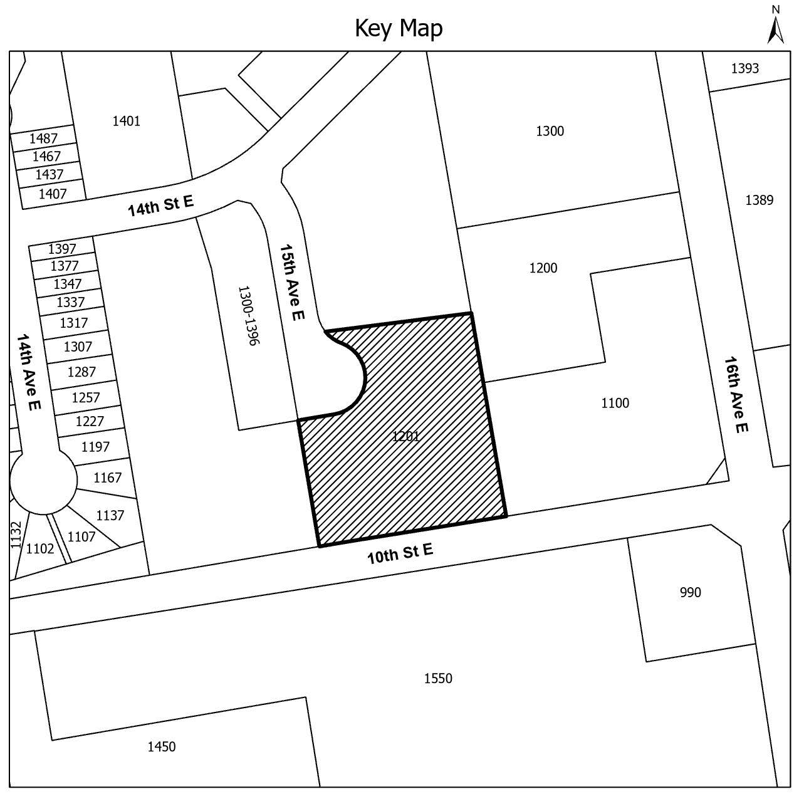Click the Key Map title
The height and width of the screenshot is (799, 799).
click(399, 29)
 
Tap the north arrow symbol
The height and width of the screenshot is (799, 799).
click(775, 25)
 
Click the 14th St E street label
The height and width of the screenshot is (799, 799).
click(160, 206)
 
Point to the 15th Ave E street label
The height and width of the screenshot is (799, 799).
click(292, 282)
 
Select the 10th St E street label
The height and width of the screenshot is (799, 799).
click(400, 553)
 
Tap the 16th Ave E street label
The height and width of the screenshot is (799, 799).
click(736, 395)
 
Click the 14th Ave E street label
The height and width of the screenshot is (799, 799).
click(29, 372)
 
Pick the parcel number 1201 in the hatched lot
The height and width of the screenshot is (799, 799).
click(405, 436)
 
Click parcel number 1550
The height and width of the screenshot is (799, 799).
click(438, 678)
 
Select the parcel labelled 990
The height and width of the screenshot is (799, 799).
click(691, 592)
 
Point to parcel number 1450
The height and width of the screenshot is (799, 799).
click(162, 747)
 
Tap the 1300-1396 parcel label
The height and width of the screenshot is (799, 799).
click(248, 316)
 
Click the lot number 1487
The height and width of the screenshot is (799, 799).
click(43, 138)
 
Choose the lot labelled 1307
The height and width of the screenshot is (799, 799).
click(78, 346)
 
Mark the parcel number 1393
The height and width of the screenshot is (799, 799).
click(744, 68)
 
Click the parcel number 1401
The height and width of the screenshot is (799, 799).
click(127, 121)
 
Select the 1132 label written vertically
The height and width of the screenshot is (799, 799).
click(15, 535)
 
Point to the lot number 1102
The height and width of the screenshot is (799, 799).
click(40, 548)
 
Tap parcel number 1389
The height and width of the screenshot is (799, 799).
click(759, 201)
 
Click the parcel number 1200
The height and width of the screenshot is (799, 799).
click(543, 268)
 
